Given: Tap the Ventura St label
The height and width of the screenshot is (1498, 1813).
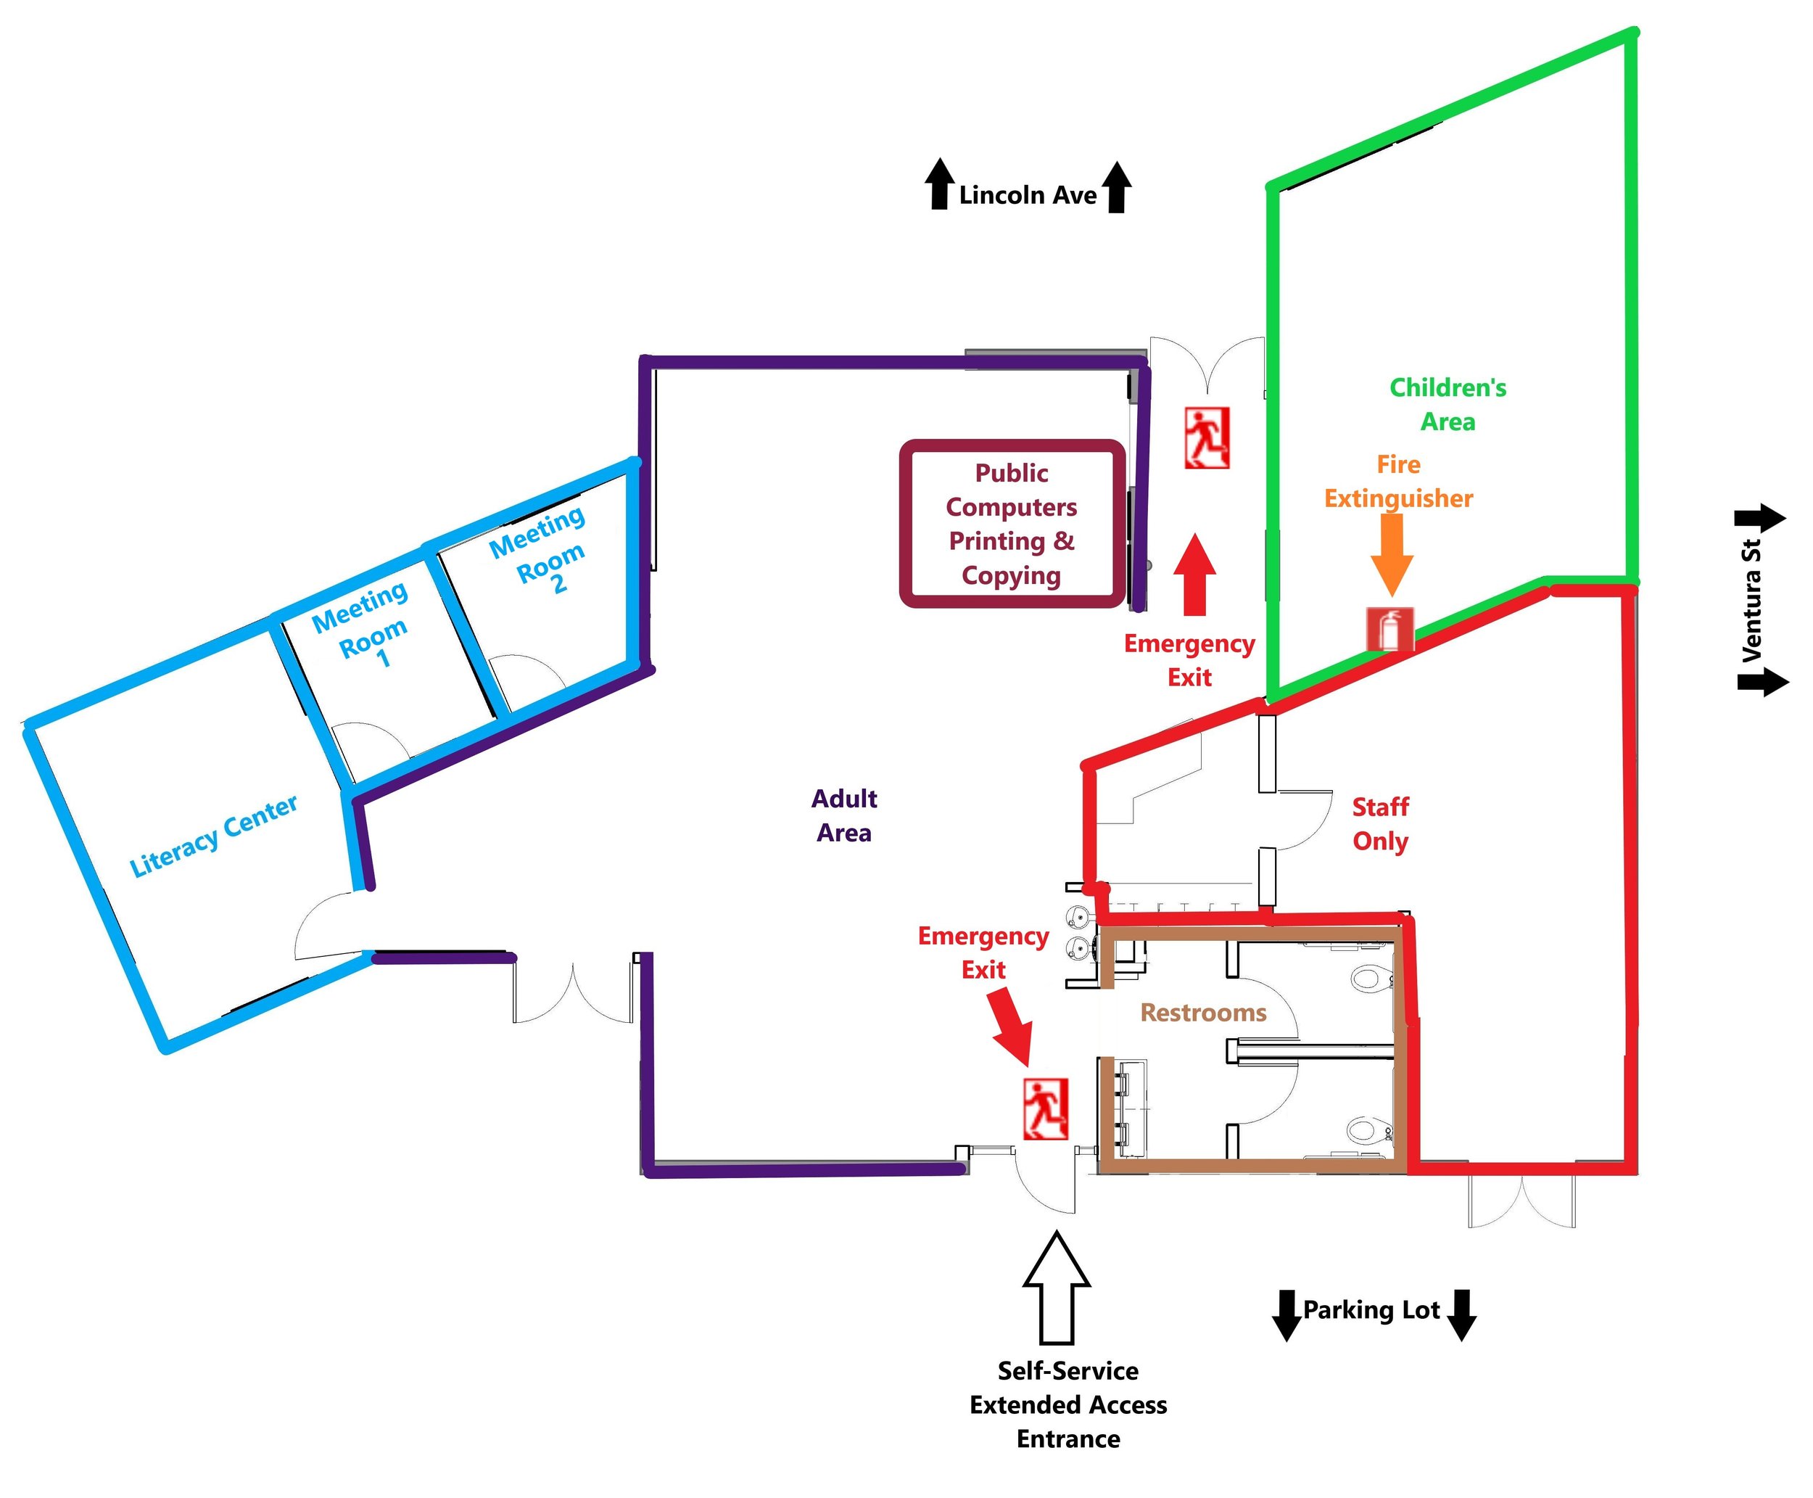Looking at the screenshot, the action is tap(1751, 601).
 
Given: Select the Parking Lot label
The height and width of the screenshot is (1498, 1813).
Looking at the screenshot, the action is tap(1371, 1310).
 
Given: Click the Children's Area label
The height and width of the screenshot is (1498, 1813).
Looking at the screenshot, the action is tap(1447, 405).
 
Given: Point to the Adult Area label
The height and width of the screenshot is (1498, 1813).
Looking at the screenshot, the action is tap(843, 815).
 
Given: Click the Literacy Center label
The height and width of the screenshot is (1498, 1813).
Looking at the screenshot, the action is tap(213, 836).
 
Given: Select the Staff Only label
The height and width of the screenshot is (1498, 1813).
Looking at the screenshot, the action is tap(1380, 824).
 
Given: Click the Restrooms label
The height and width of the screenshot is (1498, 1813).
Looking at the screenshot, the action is tap(1203, 1012).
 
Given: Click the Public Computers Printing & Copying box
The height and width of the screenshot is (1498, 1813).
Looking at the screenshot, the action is tap(1012, 524).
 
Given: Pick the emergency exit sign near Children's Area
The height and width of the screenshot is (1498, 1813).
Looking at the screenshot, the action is tap(1207, 438).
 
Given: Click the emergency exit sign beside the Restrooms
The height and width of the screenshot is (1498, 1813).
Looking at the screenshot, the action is tap(1045, 1109).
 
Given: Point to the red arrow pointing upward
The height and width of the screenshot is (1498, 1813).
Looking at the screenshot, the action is tap(1194, 574).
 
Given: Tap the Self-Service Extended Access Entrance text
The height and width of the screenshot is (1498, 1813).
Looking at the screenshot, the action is tap(1067, 1405).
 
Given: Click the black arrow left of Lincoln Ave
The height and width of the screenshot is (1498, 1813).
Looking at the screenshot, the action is tap(939, 184).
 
